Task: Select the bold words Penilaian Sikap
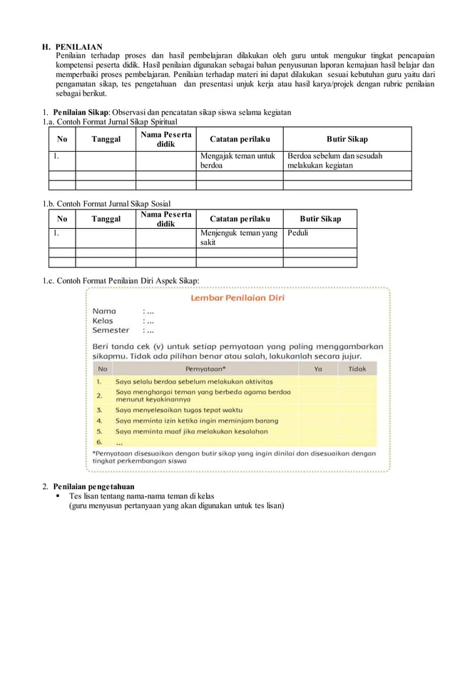(x=81, y=113)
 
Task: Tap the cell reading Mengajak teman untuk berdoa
(x=238, y=160)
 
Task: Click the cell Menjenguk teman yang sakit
(x=238, y=237)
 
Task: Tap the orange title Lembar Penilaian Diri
(x=237, y=298)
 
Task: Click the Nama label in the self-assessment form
(x=104, y=311)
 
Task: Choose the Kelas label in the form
(x=103, y=321)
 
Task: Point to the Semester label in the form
(x=111, y=330)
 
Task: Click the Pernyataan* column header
(x=205, y=369)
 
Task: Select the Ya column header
(x=318, y=369)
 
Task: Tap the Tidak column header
(x=357, y=369)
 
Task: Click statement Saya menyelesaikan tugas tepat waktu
(x=179, y=411)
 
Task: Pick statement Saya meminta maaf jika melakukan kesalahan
(x=191, y=431)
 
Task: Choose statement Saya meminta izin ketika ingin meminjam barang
(x=197, y=421)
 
